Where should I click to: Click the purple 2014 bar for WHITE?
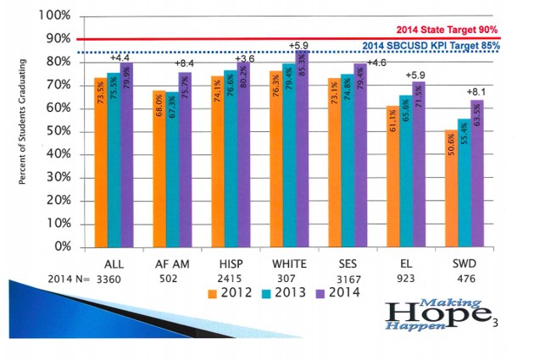tap(302, 149)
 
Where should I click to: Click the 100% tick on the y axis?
tap(53, 16)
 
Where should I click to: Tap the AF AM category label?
tap(171, 264)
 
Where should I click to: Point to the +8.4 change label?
tap(184, 64)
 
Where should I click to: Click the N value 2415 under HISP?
tap(229, 278)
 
